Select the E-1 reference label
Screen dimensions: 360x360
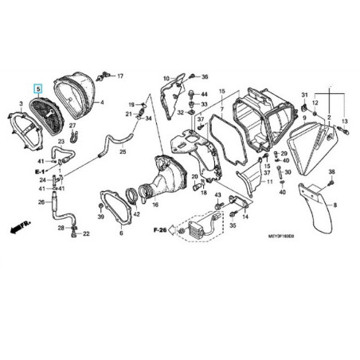38,171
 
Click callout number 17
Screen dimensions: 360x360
120,76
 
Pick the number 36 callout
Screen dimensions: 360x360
204,77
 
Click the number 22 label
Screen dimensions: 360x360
87,233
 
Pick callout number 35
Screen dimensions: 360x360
233,226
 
